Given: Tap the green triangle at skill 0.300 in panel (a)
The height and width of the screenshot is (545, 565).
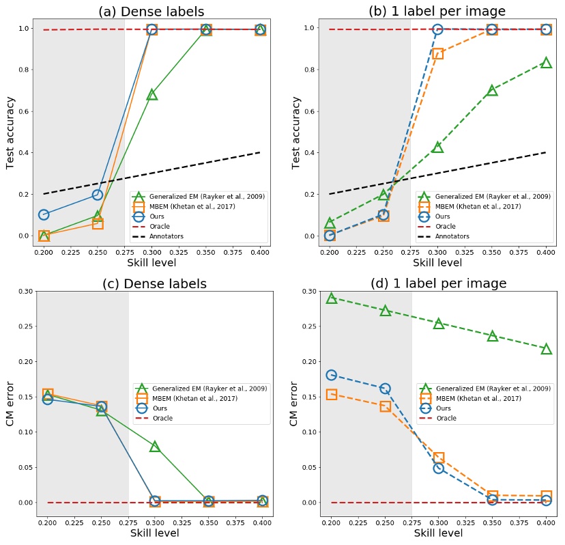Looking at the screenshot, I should [152, 94].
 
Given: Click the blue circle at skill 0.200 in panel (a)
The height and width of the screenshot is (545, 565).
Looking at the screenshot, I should [44, 214].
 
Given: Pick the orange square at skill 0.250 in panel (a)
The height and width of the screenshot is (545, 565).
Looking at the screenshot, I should [98, 223].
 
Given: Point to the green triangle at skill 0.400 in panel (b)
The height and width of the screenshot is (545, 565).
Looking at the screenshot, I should [546, 63].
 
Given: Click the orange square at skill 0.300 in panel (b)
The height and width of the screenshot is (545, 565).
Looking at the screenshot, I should [437, 53].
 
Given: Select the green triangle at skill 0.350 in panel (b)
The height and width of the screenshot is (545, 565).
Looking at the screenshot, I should [492, 90].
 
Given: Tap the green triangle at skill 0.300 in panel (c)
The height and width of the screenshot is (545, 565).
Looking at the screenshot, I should [155, 446].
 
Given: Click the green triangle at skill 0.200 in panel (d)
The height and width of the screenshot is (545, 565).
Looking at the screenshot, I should [331, 298].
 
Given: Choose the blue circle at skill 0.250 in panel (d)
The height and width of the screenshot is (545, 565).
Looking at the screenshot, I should [385, 389].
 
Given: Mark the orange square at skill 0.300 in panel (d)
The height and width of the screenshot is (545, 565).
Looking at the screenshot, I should [439, 458].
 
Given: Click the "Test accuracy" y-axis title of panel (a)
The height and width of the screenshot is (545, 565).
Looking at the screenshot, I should [11, 133].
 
